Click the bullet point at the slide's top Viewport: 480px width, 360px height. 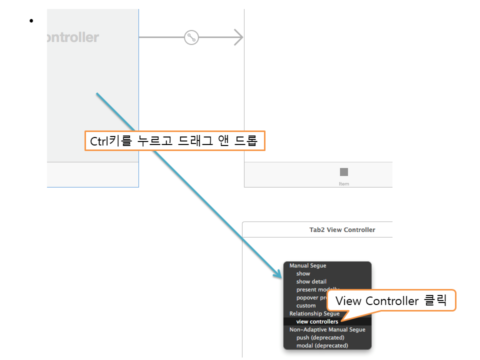(x=31, y=20)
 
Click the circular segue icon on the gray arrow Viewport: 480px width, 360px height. (x=191, y=37)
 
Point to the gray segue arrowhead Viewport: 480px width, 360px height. (x=238, y=37)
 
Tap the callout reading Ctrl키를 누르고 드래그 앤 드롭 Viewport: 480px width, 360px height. (x=174, y=141)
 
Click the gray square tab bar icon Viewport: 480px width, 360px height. (x=344, y=172)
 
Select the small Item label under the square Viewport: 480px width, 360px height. (x=344, y=183)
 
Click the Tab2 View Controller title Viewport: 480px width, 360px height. (x=342, y=230)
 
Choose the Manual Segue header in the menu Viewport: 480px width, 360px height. (x=307, y=265)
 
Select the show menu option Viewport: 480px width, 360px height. (x=303, y=273)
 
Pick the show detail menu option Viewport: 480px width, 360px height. (x=311, y=281)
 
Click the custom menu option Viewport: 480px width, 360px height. (x=306, y=305)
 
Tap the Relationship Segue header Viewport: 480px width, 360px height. (x=314, y=313)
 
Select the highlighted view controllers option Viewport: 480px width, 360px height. (x=317, y=321)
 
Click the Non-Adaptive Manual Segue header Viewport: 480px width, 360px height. (x=327, y=329)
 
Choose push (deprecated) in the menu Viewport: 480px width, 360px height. (x=320, y=337)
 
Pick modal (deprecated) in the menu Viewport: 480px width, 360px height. (x=322, y=345)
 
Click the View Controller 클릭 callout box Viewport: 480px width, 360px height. (x=391, y=301)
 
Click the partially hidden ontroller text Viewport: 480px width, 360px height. (x=72, y=37)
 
